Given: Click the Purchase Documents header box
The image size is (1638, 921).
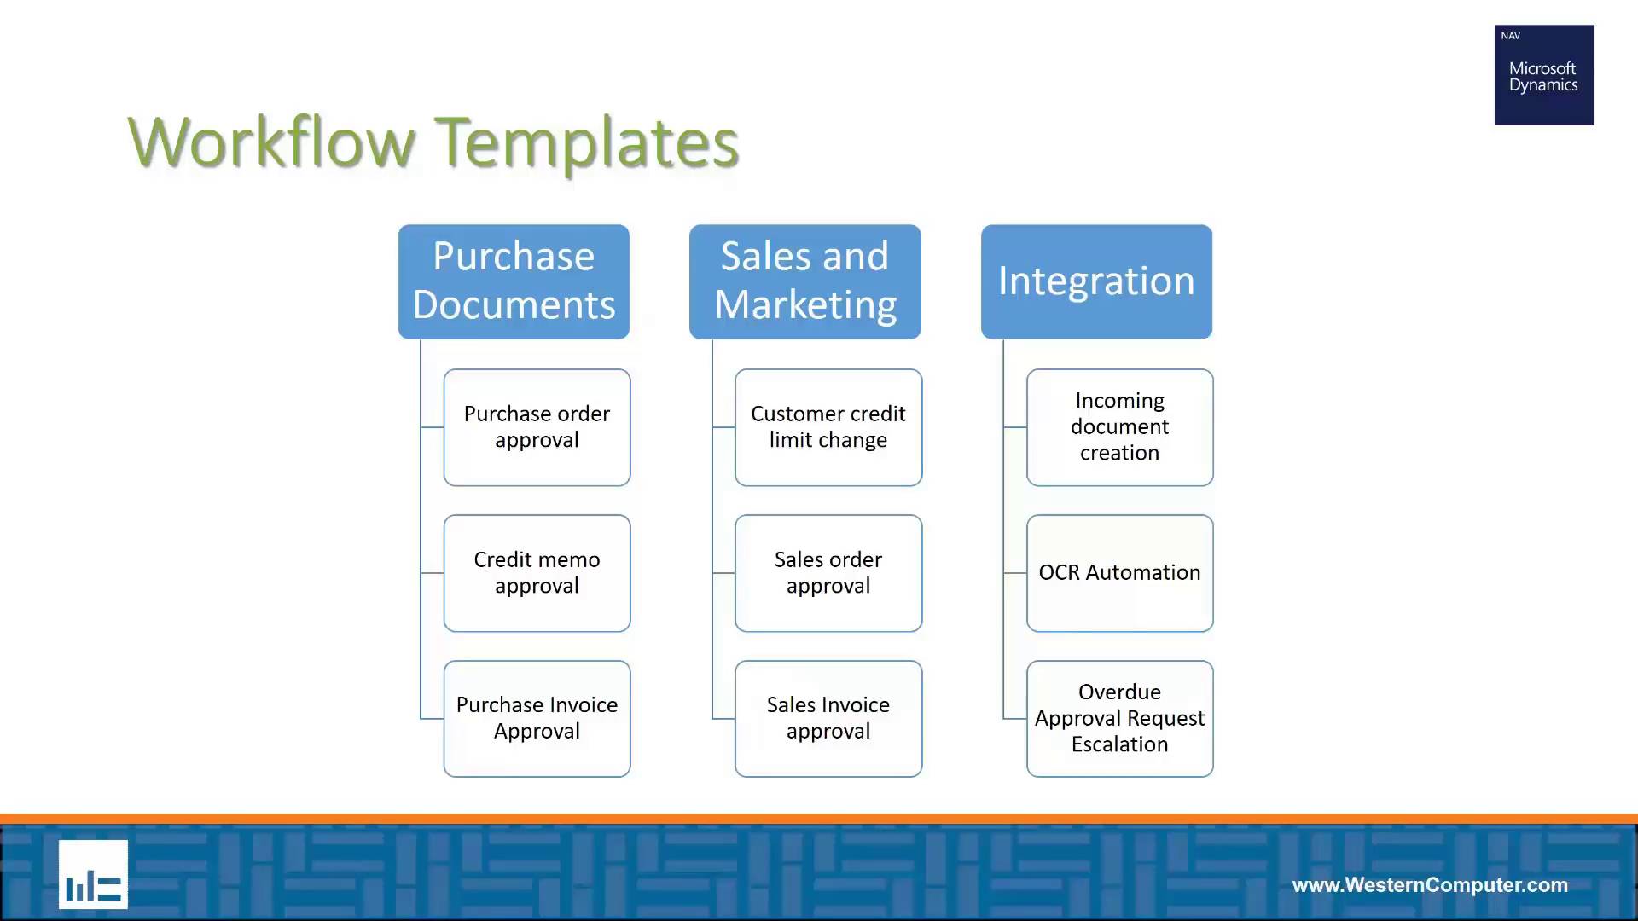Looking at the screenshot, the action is (x=514, y=281).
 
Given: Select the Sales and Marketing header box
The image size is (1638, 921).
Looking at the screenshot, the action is (x=805, y=281).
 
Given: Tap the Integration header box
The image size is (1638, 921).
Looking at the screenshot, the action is (x=1096, y=281).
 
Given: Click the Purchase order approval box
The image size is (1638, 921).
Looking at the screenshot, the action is (x=537, y=427).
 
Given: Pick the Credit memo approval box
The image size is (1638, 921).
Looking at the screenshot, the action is (x=537, y=573).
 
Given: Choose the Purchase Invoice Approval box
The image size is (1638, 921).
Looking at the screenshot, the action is (x=537, y=719).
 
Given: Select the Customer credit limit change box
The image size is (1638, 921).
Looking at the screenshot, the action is (x=828, y=427).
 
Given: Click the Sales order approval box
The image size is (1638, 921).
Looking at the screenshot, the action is (x=828, y=573).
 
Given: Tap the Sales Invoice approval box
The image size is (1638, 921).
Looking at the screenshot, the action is (x=828, y=719).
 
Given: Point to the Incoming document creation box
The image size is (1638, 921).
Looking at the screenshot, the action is (x=1119, y=427).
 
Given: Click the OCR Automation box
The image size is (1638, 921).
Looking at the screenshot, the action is (x=1119, y=573).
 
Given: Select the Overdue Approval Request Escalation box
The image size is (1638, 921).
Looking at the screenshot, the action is (x=1119, y=719).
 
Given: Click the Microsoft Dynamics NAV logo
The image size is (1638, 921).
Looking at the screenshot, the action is (x=1544, y=75).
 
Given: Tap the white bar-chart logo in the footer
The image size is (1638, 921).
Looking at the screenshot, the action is (x=93, y=874).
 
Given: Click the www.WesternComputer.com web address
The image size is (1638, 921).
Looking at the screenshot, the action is (x=1430, y=885).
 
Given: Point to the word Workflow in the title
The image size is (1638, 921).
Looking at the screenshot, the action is (x=271, y=142).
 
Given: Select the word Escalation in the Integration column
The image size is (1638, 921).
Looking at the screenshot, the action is (x=1119, y=744).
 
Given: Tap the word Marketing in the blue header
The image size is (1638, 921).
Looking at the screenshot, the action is (x=805, y=305).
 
